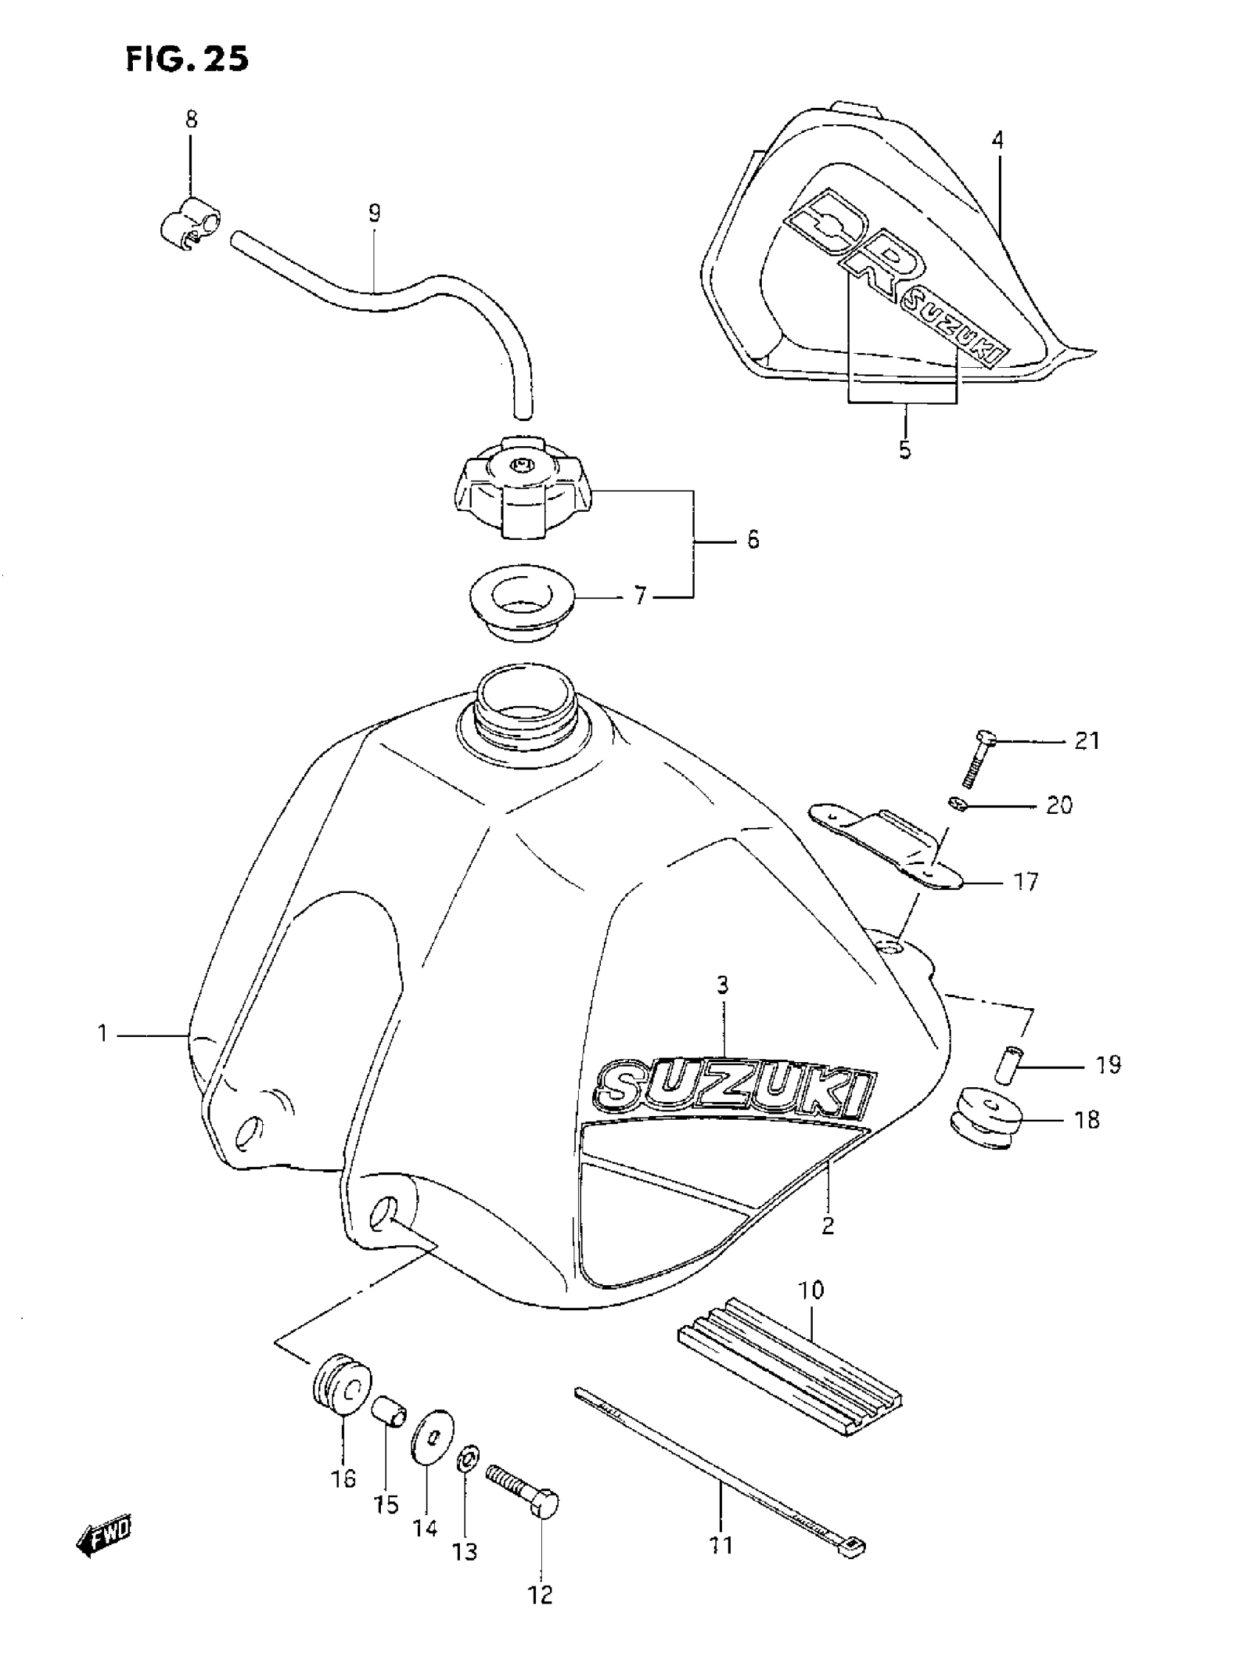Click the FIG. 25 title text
187,59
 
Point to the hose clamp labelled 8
190,225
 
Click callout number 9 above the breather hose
374,213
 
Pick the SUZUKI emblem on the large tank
735,1089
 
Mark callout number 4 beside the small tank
997,140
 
